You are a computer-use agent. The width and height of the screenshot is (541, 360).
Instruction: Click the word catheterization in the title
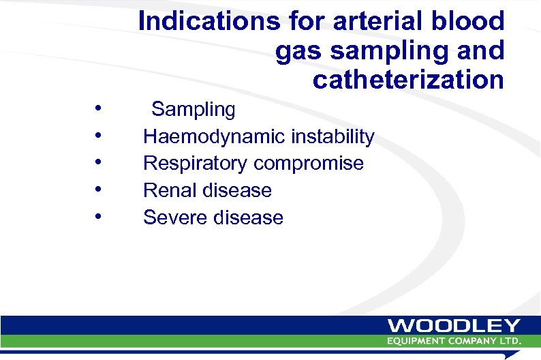[x=408, y=80]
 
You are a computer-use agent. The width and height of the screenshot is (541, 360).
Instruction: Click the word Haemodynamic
[x=214, y=137]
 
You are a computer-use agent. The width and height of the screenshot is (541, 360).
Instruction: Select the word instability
[x=333, y=137]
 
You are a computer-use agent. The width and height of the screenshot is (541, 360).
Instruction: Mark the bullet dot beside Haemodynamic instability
[x=99, y=135]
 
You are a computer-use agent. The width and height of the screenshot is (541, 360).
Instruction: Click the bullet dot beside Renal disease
[x=99, y=189]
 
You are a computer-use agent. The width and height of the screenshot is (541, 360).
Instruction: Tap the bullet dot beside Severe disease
[x=99, y=216]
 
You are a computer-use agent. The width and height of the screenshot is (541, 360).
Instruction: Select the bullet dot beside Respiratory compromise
[x=99, y=162]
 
